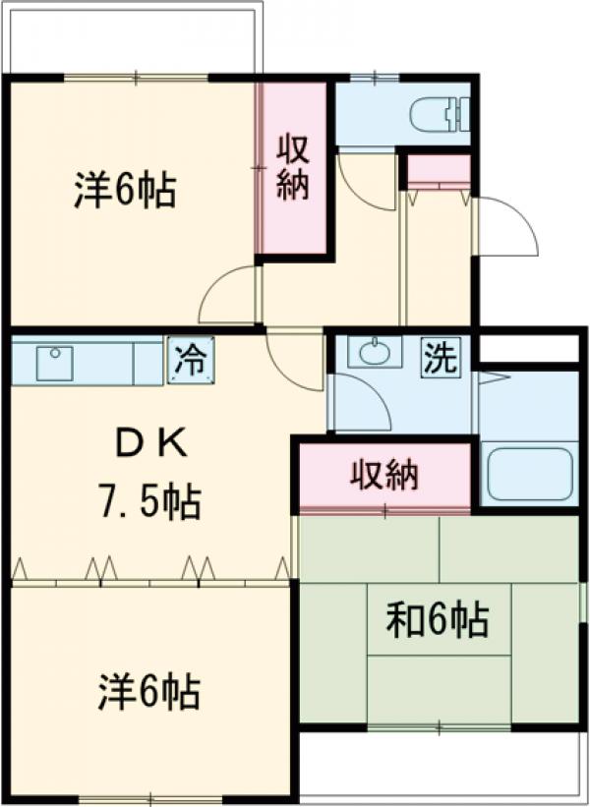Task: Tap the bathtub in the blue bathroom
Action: (x=529, y=474)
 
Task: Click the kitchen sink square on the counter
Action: (x=54, y=363)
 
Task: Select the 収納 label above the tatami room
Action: (x=384, y=476)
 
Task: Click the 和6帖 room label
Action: (x=437, y=620)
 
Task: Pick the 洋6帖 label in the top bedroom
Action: (x=125, y=190)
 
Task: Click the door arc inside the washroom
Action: (x=362, y=403)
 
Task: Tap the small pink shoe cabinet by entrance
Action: (x=439, y=171)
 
